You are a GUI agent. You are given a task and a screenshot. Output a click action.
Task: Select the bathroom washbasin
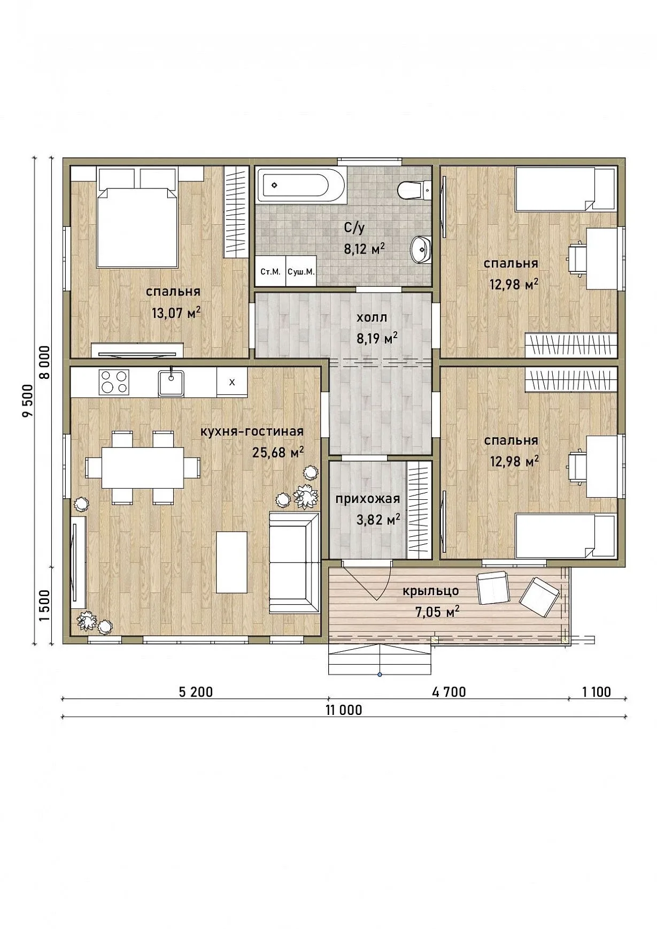(421, 249)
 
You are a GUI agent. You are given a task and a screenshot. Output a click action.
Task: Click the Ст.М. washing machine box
(270, 271)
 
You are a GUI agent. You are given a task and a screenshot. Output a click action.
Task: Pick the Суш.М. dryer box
(301, 271)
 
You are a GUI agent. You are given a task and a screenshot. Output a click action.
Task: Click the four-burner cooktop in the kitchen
(114, 382)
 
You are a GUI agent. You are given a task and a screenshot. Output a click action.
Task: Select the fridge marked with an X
(232, 382)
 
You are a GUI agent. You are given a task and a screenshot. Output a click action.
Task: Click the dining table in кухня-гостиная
(143, 467)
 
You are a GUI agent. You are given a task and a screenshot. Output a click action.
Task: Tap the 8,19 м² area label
(377, 338)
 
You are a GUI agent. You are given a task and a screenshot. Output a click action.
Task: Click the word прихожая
(368, 499)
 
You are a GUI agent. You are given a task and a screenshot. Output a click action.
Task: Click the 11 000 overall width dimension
(343, 710)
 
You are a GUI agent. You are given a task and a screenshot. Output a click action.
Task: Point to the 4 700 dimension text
(449, 692)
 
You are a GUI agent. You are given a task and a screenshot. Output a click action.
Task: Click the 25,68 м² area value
(278, 453)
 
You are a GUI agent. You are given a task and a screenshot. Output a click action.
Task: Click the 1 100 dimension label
(597, 692)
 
